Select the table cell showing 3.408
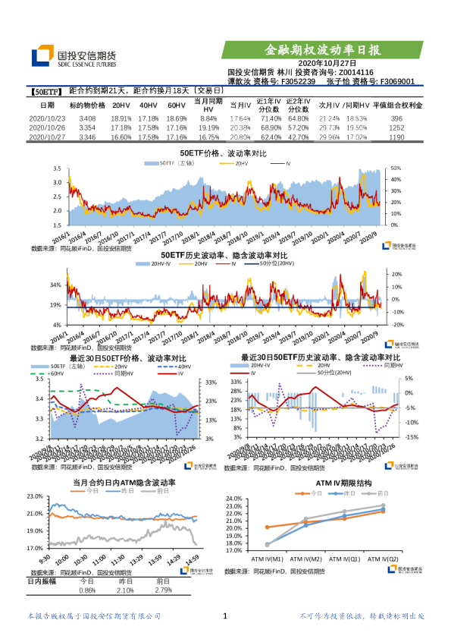tap(87, 120)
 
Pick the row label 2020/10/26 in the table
tap(47, 129)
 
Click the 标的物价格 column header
tap(87, 105)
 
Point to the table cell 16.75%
tap(208, 137)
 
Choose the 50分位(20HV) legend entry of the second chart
tap(276, 263)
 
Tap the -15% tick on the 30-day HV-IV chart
tap(409, 437)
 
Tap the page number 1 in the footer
tap(225, 616)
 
